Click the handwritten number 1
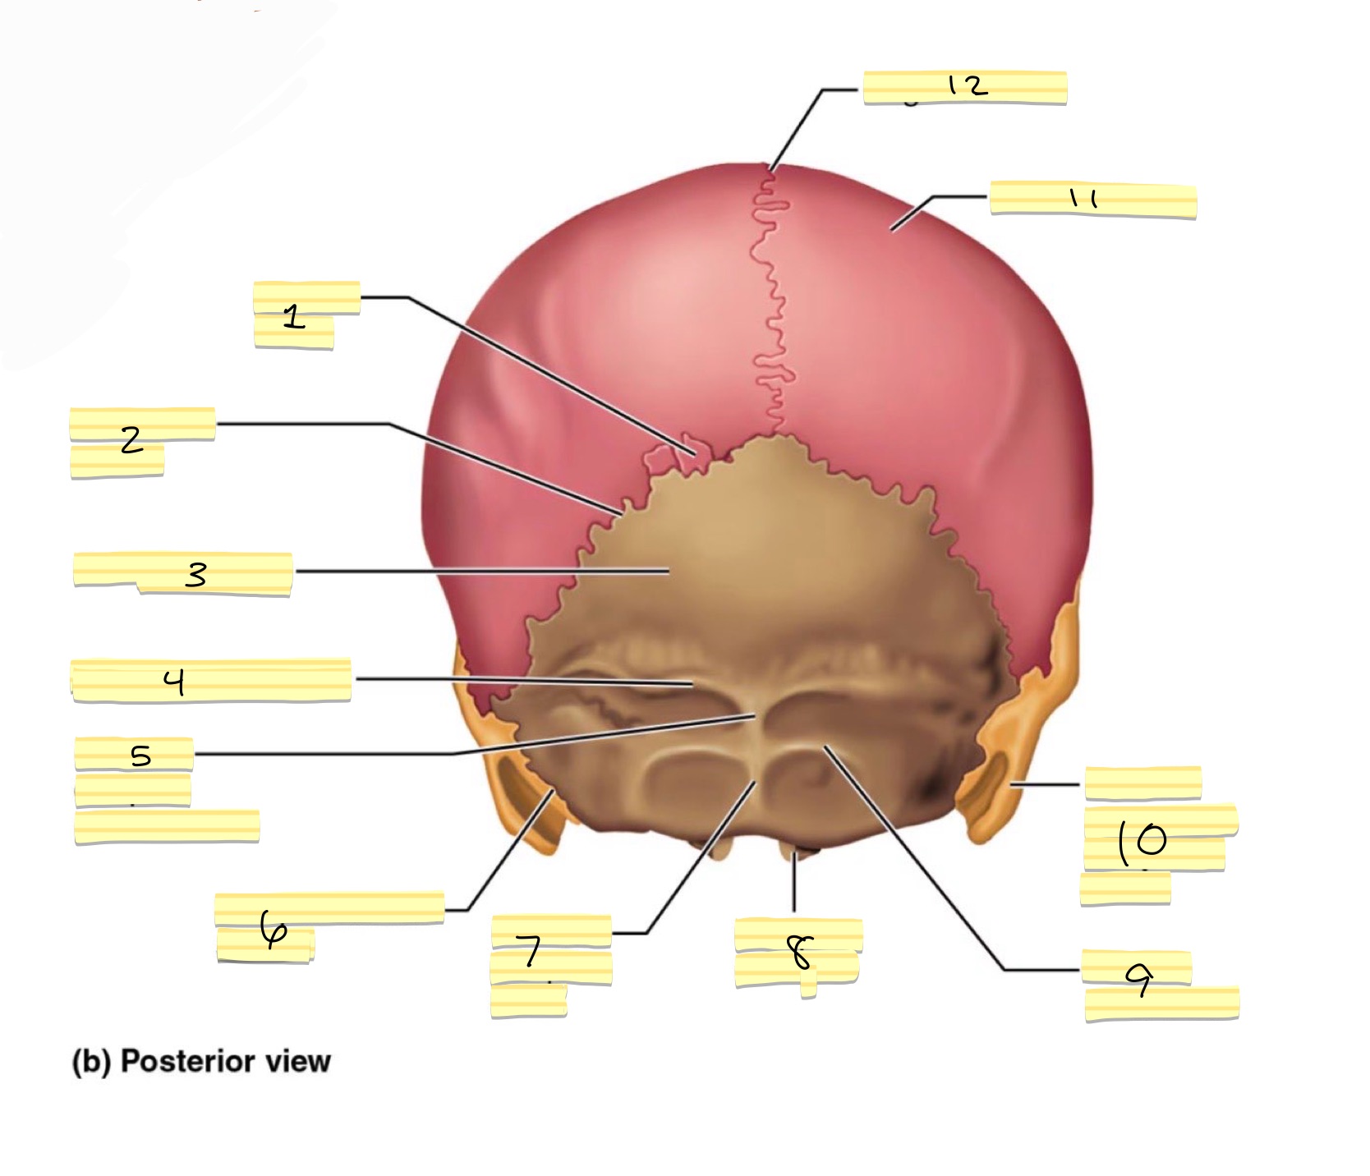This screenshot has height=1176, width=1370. (294, 316)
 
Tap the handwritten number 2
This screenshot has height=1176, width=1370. (131, 441)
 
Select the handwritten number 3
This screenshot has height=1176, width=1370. (195, 574)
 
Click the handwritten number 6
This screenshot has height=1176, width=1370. (273, 928)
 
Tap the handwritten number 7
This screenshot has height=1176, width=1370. (532, 952)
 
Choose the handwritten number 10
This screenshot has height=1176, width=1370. (1142, 841)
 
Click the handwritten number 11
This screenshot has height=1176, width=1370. (1083, 199)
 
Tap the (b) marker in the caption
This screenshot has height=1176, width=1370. (92, 1062)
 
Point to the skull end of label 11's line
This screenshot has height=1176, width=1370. (893, 230)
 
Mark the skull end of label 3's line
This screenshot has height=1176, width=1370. (669, 570)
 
